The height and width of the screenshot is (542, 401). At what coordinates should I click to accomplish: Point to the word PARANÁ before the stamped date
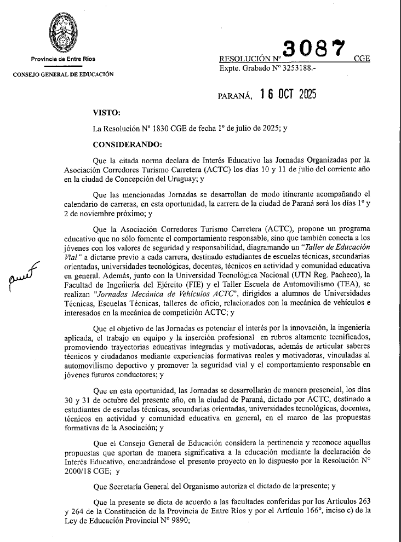click(x=235, y=96)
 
